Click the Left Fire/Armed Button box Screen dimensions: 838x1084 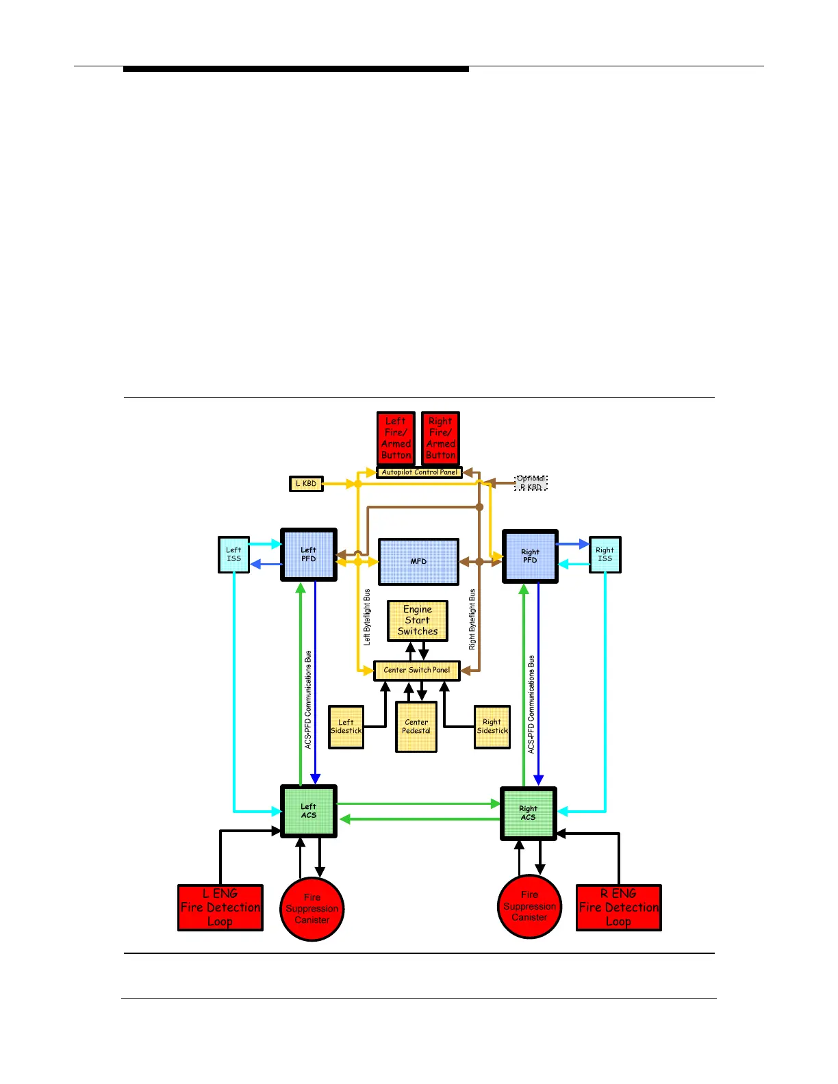click(x=396, y=438)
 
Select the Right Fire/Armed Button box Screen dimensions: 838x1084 click(x=440, y=438)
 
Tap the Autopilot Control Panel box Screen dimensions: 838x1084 click(x=419, y=472)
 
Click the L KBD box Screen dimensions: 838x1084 click(x=306, y=484)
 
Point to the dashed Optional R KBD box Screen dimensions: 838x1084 click(x=531, y=483)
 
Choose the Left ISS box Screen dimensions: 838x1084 click(x=233, y=554)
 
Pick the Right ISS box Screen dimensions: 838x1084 click(x=605, y=554)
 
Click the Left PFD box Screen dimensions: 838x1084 click(x=309, y=554)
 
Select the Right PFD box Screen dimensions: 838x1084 click(x=530, y=556)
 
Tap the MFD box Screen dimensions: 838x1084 click(x=418, y=562)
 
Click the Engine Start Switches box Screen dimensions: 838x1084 click(x=418, y=621)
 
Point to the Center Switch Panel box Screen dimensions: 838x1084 click(x=416, y=671)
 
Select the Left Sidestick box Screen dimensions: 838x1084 click(x=346, y=727)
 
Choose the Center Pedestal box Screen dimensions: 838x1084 click(x=416, y=727)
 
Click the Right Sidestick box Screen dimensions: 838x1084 click(x=492, y=727)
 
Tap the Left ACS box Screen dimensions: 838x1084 click(x=309, y=811)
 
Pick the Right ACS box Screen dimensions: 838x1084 click(x=528, y=813)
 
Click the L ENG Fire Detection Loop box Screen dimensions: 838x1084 click(x=220, y=907)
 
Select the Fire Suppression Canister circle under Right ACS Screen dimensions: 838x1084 click(x=529, y=906)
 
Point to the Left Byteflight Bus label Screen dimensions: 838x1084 click(x=367, y=617)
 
